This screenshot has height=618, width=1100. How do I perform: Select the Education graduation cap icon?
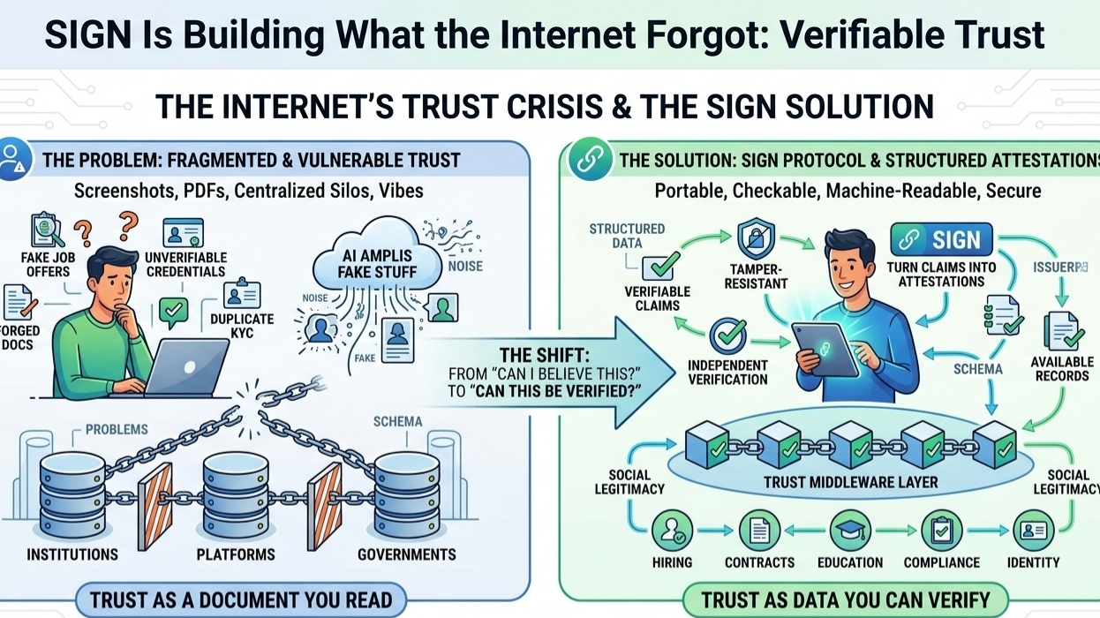coord(851,531)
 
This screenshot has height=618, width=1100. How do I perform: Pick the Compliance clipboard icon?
coord(941,531)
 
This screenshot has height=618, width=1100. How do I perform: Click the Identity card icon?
coord(1034,531)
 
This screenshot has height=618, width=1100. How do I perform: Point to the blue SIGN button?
coord(941,240)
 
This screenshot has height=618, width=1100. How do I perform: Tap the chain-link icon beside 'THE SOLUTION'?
coord(590,160)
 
